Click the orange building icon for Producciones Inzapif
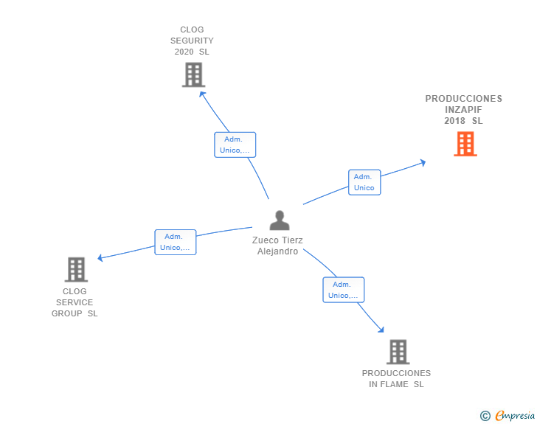coord(465,144)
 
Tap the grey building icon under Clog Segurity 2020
coord(193,74)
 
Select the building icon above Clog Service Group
coord(76,270)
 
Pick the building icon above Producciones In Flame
coord(398,352)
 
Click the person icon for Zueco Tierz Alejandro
coord(279,220)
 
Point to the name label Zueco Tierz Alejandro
coord(277,246)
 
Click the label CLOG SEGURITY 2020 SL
coord(192,41)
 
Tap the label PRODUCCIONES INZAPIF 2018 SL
coord(463,109)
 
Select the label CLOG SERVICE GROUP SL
coord(75,302)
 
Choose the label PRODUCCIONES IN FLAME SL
coord(396,378)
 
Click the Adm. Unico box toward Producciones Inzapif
coord(364,182)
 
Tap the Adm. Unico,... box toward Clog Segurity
coord(235,145)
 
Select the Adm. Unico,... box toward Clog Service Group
coord(175,242)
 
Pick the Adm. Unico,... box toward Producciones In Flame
coord(343,290)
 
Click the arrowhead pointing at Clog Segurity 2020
coord(202,92)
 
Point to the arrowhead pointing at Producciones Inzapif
coord(423,162)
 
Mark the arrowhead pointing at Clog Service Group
coord(101,258)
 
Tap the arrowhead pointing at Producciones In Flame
coord(381,330)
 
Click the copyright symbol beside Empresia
coord(485,416)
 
